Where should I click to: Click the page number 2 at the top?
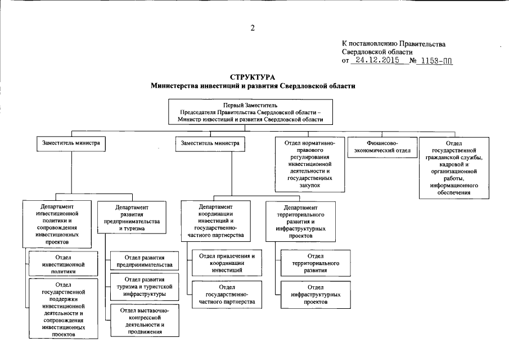tap(253, 28)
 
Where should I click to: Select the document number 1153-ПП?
tap(436, 60)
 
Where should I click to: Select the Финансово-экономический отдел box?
tap(381, 147)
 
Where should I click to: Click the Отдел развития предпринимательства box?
tap(145, 261)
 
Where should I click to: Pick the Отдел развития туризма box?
tap(145, 286)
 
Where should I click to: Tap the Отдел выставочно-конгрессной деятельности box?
tap(145, 319)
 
